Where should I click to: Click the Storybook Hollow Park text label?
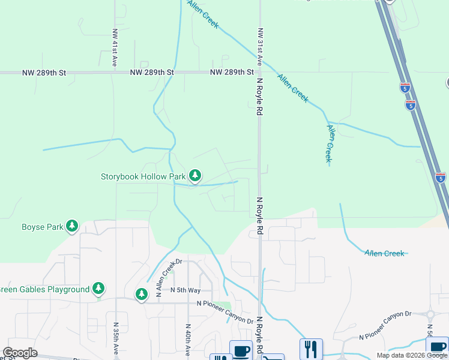pyautogui.click(x=143, y=176)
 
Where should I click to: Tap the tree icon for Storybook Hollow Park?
pyautogui.click(x=194, y=176)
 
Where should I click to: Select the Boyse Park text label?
pyautogui.click(x=42, y=227)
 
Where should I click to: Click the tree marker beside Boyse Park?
pyautogui.click(x=72, y=226)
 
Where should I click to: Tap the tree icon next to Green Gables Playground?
pyautogui.click(x=98, y=289)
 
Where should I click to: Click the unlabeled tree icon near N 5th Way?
pyautogui.click(x=141, y=294)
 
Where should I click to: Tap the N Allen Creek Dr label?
pyautogui.click(x=168, y=278)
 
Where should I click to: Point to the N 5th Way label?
pyautogui.click(x=185, y=290)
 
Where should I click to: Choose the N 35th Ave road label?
pyautogui.click(x=116, y=340)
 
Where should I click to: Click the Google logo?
pyautogui.click(x=19, y=353)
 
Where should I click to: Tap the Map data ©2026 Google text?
pyautogui.click(x=411, y=355)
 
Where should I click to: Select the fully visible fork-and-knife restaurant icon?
pyautogui.click(x=311, y=349)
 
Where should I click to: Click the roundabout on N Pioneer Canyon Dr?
pyautogui.click(x=430, y=314)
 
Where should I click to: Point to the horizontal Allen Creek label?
pyautogui.click(x=384, y=253)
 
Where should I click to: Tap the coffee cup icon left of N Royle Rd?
pyautogui.click(x=241, y=350)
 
